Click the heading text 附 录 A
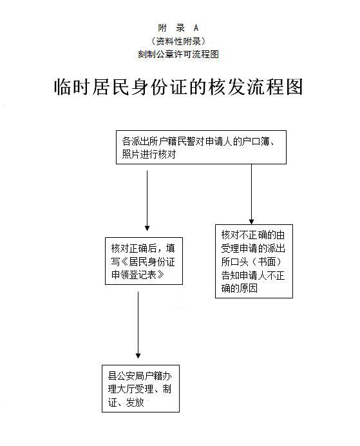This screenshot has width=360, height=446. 178,28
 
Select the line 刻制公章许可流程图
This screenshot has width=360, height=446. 178,55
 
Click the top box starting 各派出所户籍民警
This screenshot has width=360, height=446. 201,148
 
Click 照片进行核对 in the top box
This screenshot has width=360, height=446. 149,155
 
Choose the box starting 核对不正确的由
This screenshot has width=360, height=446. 254,261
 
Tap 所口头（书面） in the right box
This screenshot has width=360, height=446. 252,262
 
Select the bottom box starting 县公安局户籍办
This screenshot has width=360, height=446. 143,389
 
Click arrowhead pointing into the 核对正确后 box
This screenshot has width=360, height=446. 147,228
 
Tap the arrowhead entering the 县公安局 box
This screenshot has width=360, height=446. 138,354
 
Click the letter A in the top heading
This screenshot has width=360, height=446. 196,28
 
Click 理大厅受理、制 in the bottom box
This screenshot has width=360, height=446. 139,389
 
